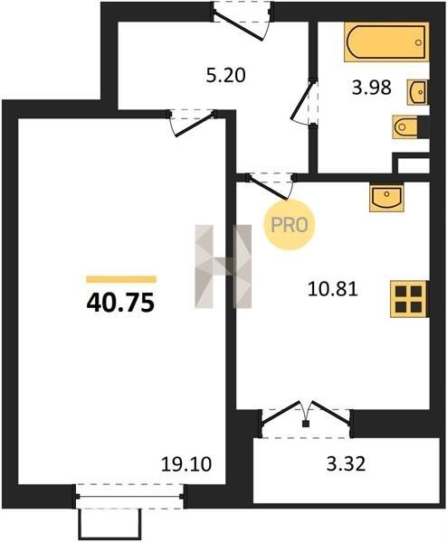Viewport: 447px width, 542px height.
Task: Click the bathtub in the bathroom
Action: click(x=386, y=42)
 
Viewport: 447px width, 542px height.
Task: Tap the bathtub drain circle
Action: click(x=418, y=42)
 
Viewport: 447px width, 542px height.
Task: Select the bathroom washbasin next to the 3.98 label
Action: click(x=417, y=92)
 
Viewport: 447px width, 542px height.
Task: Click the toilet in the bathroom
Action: click(x=405, y=126)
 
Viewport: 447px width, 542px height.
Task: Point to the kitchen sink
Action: click(x=386, y=198)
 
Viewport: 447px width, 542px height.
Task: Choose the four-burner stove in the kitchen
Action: click(x=409, y=299)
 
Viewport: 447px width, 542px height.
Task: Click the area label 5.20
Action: click(x=225, y=75)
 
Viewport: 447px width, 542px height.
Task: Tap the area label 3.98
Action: click(x=372, y=88)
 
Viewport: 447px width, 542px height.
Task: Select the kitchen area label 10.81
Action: click(x=332, y=289)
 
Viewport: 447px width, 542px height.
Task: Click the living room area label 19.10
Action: click(x=186, y=464)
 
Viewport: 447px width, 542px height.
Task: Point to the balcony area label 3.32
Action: click(x=346, y=464)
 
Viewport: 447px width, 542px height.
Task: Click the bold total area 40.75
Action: click(x=120, y=304)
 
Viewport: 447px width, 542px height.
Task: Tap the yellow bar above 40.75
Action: click(x=121, y=279)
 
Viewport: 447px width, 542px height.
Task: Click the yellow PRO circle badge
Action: click(x=290, y=225)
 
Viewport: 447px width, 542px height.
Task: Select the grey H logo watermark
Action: click(x=223, y=266)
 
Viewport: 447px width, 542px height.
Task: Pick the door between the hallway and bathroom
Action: click(x=304, y=102)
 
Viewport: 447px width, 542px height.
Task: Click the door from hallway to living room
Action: click(x=192, y=123)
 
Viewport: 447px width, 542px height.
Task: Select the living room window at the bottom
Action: click(x=129, y=497)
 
